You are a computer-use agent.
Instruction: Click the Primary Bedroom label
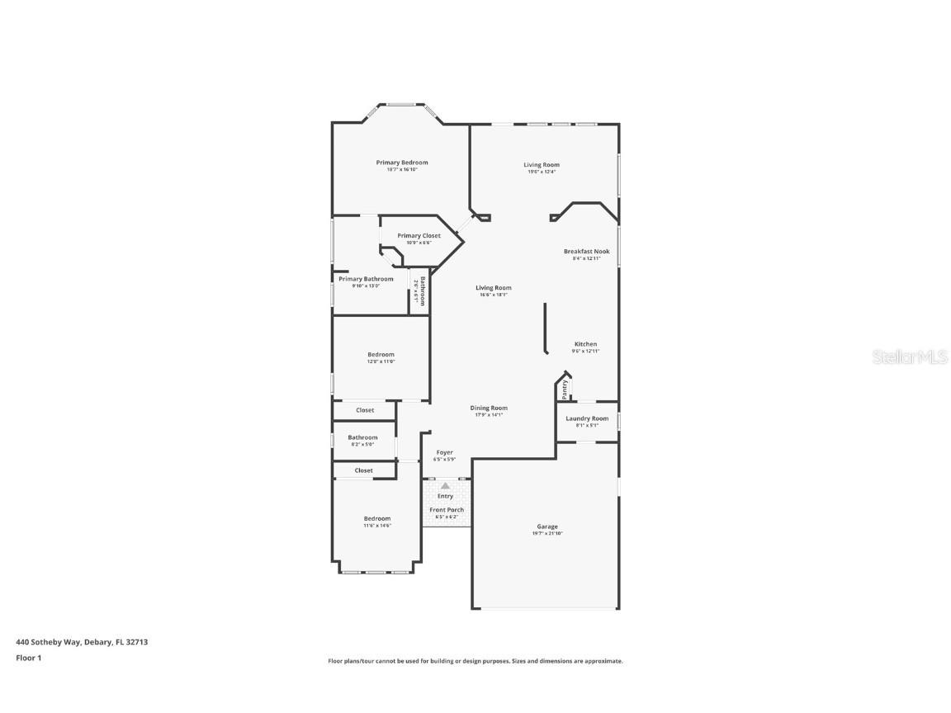[x=402, y=163]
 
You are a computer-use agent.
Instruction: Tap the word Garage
[x=547, y=526]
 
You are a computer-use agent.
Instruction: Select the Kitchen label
[x=585, y=344]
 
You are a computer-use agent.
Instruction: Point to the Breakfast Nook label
[x=586, y=251]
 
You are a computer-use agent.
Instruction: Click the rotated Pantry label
[x=565, y=389]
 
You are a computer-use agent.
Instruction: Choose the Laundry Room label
[x=587, y=418]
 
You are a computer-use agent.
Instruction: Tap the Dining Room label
[x=489, y=408]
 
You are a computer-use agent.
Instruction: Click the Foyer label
[x=444, y=452]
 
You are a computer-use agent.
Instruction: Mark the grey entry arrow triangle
[x=445, y=486]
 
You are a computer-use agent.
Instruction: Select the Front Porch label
[x=446, y=510]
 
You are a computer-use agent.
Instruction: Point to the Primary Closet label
[x=419, y=236]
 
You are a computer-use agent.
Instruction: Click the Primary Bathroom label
[x=366, y=279]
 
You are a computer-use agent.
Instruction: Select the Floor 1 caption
[x=28, y=658]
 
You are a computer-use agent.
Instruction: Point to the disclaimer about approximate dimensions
[x=475, y=661]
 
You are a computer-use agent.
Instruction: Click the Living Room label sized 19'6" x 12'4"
[x=542, y=165]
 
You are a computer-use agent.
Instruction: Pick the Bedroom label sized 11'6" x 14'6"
[x=377, y=518]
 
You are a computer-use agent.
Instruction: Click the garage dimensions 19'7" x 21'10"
[x=547, y=534]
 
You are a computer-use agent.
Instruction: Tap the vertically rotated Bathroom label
[x=422, y=290]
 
